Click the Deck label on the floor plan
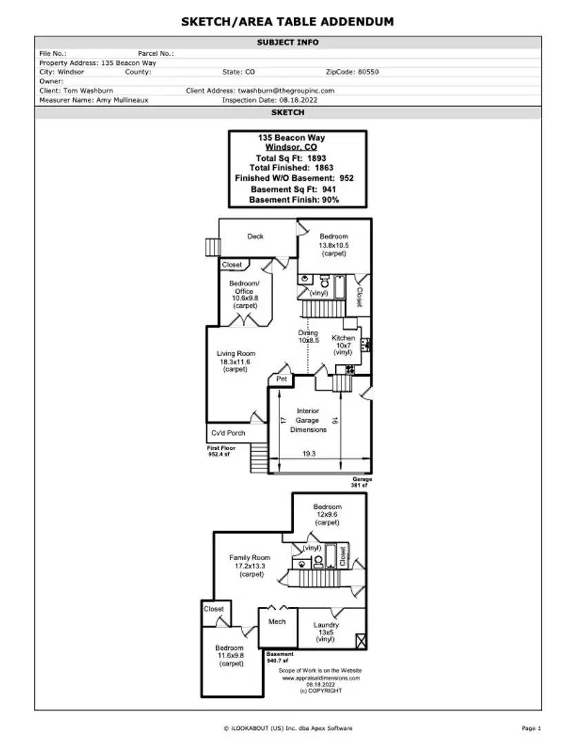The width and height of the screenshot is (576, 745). coord(255,236)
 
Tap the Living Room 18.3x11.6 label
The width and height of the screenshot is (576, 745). coord(236,361)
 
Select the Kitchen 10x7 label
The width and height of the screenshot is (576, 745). coord(343,345)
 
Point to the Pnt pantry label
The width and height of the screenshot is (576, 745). coord(281,379)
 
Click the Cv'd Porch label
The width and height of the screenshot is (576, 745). coord(228,433)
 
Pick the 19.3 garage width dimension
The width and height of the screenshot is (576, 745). coord(309,454)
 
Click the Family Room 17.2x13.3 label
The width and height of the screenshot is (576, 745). coord(250,566)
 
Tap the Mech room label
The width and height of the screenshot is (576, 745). coord(277,622)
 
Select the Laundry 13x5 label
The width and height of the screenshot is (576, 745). coord(326,632)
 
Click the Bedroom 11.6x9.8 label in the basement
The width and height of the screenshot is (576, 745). coord(230,656)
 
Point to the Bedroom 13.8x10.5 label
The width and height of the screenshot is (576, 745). coord(334,245)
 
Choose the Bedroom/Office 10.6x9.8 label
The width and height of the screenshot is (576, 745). coord(244,295)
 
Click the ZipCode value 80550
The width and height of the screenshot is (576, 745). coord(368,72)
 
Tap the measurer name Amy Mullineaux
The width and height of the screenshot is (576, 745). coord(122,100)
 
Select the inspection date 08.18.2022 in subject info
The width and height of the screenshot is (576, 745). coord(299,100)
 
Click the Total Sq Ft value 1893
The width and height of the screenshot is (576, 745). coord(317,158)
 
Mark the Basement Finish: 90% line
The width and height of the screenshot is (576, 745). coord(294,200)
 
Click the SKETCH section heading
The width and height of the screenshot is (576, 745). coord(288,112)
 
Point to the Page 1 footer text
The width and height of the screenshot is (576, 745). coord(531,728)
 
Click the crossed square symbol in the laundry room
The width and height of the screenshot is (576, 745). coord(361,642)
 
